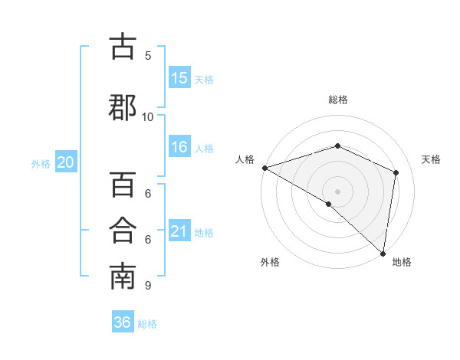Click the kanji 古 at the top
click(123, 47)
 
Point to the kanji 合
click(123, 231)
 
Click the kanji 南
click(123, 277)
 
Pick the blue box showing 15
click(179, 78)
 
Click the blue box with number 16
click(179, 148)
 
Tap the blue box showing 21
click(179, 231)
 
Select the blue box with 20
click(66, 162)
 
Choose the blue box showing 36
click(122, 322)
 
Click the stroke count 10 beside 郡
click(148, 116)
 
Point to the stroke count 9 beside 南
click(147, 286)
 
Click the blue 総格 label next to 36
click(147, 324)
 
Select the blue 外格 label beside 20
click(41, 163)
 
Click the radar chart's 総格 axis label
click(337, 100)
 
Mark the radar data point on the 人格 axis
click(264, 168)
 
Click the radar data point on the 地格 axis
click(383, 253)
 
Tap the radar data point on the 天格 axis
click(396, 172)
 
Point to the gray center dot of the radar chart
click(337, 191)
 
